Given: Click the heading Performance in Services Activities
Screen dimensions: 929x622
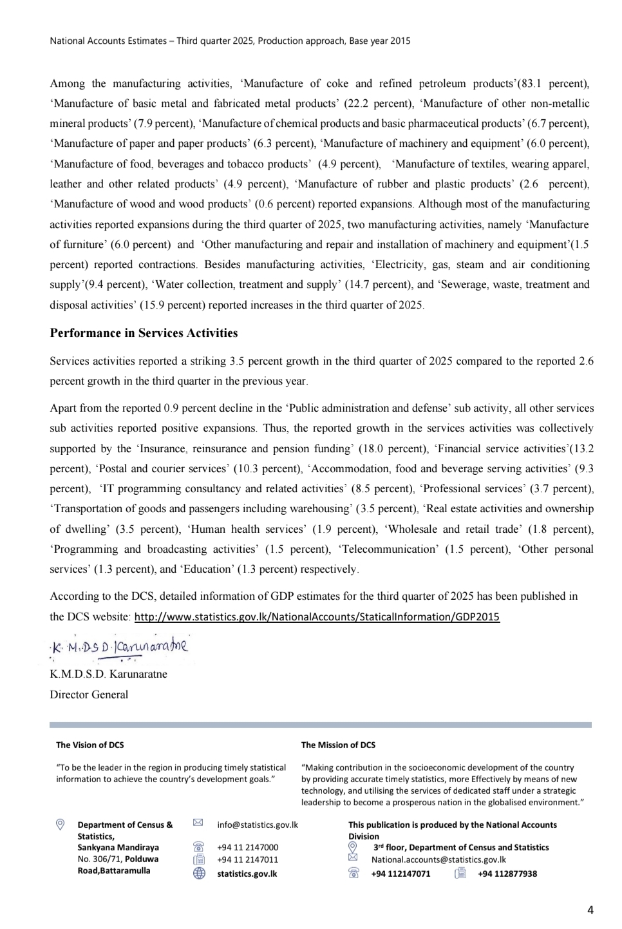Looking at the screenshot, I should click(x=144, y=333).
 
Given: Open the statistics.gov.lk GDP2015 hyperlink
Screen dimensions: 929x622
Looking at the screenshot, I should click(x=316, y=617).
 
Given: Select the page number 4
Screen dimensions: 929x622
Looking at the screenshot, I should click(x=590, y=910).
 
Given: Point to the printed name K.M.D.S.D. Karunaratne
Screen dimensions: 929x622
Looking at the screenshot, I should click(x=108, y=675).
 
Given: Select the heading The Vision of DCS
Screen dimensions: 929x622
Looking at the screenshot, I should click(x=90, y=745).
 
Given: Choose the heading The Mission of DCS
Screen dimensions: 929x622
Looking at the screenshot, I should click(x=338, y=745).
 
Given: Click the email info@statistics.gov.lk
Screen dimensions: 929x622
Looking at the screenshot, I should click(x=258, y=825).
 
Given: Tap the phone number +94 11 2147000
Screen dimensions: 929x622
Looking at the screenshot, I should click(x=248, y=848).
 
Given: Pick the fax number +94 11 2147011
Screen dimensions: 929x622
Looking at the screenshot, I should click(x=248, y=859).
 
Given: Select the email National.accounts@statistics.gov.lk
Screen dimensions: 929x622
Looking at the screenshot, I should click(x=438, y=859).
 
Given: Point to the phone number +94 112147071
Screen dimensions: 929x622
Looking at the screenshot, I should click(x=401, y=874).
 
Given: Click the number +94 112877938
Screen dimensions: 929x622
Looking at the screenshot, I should click(x=507, y=874).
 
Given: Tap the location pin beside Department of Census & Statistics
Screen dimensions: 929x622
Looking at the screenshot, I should click(x=61, y=825).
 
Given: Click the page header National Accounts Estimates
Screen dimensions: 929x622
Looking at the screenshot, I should click(x=230, y=41).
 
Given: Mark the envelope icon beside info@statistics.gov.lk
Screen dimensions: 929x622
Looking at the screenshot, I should click(x=198, y=823).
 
